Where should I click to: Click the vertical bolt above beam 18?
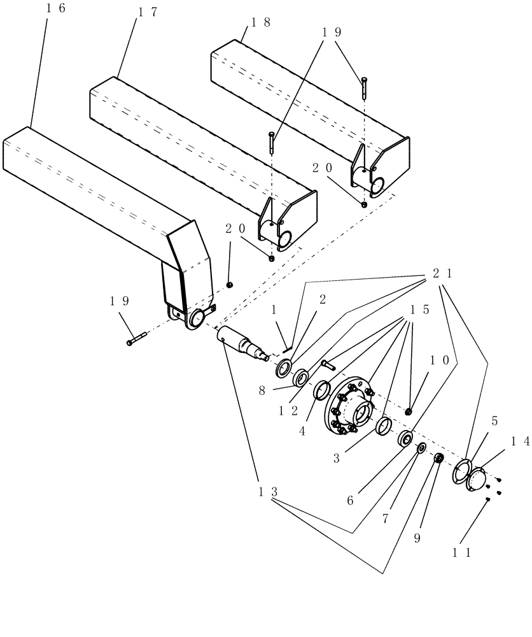pyautogui.click(x=363, y=87)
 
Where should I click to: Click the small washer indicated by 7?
pyautogui.click(x=421, y=450)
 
